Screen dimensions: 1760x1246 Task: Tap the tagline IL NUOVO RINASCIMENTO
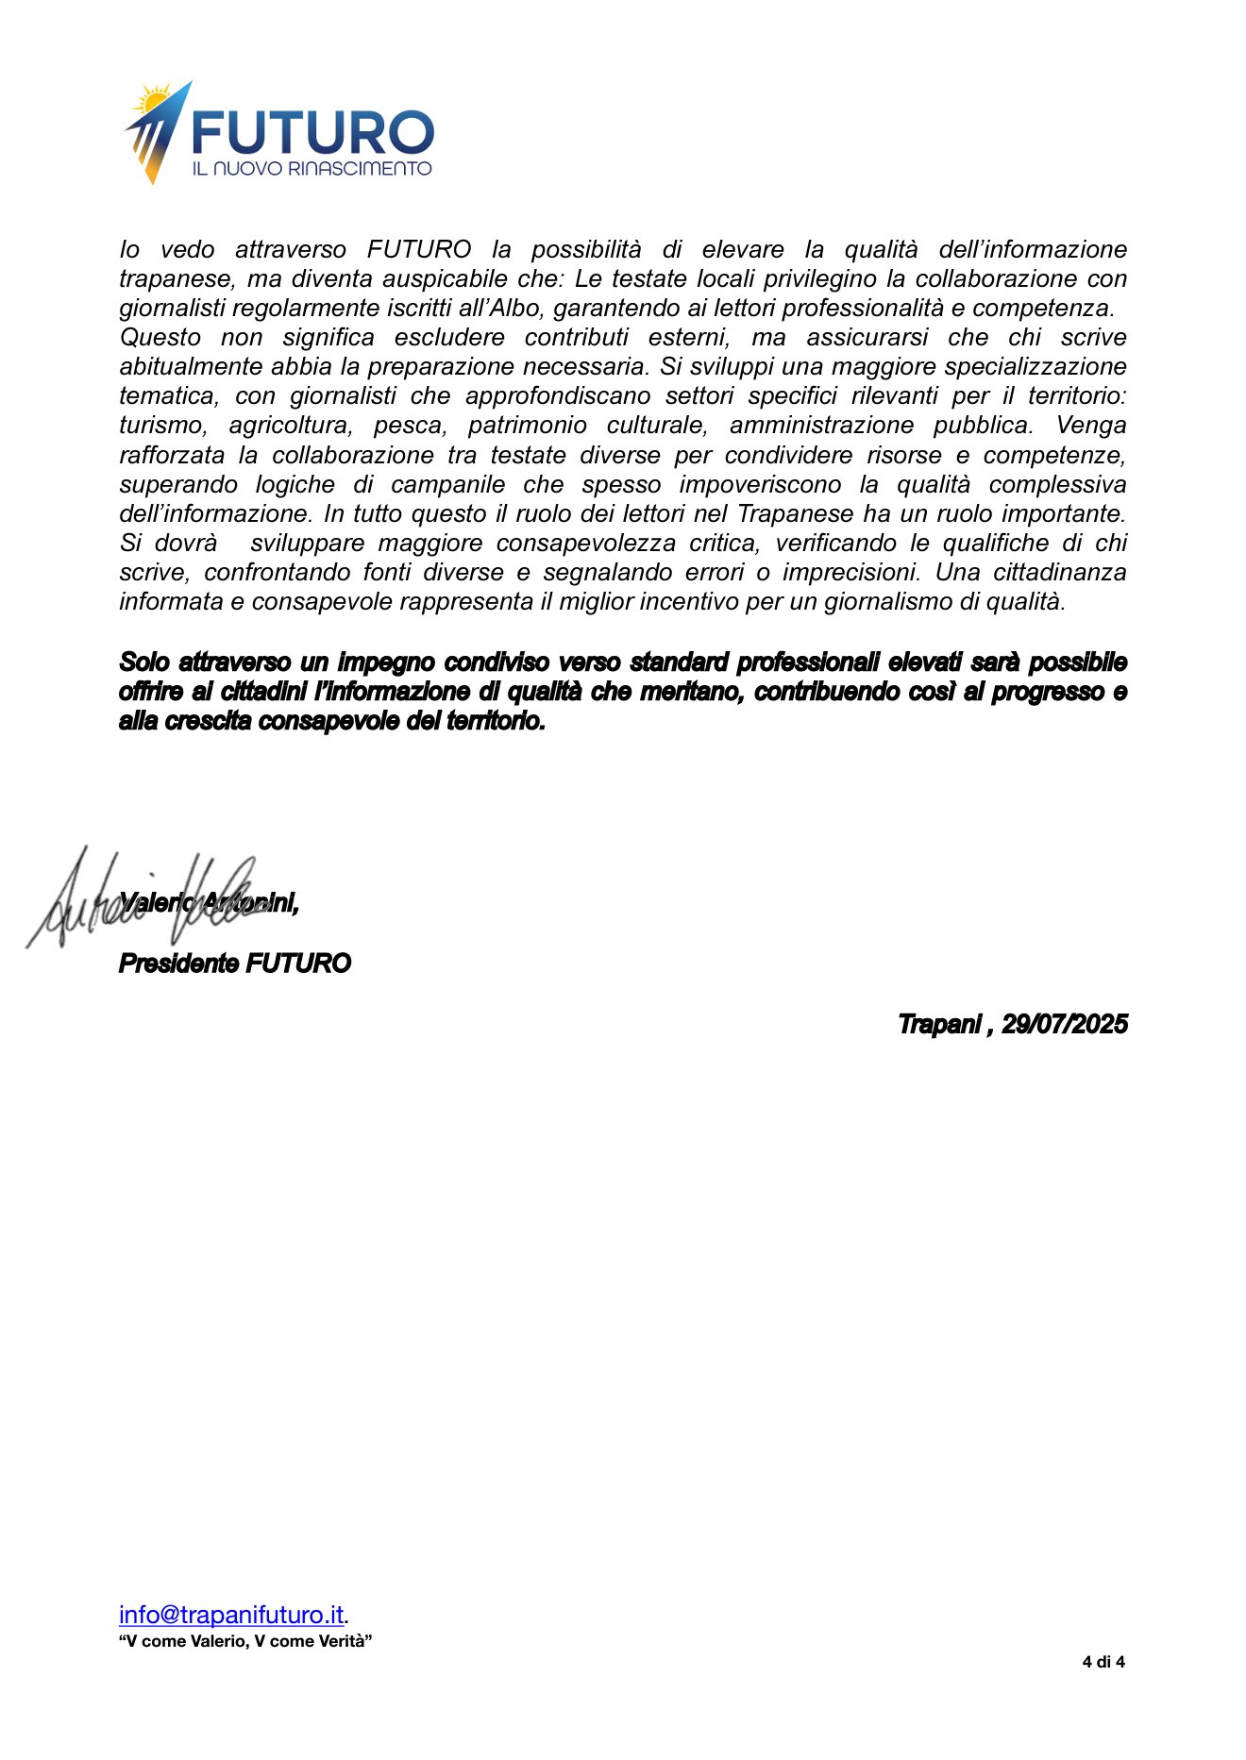point(311,169)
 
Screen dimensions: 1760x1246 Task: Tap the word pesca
point(410,426)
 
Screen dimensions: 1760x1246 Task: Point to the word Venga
point(1090,426)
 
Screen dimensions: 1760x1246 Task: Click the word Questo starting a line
point(160,337)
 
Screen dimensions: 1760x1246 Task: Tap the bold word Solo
point(143,662)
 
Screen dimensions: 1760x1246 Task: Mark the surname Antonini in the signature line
point(251,903)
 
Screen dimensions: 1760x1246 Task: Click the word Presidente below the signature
point(178,964)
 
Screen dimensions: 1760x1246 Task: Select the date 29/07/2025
point(1064,1024)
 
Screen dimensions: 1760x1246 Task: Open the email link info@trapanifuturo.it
point(231,1615)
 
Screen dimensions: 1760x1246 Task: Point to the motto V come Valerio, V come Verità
point(245,1641)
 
